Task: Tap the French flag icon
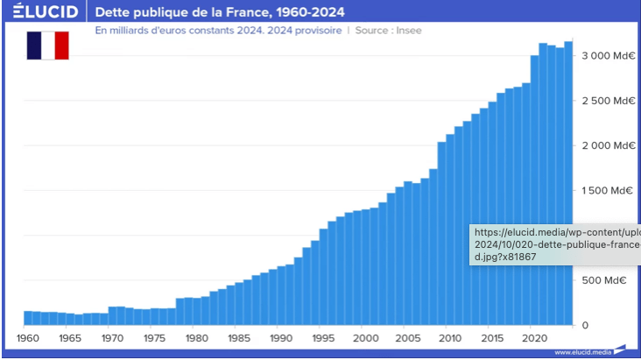pyautogui.click(x=47, y=45)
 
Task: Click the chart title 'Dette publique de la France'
pyautogui.click(x=219, y=13)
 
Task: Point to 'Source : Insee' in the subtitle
pyautogui.click(x=391, y=29)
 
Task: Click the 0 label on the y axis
pyautogui.click(x=586, y=325)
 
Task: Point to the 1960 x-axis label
pyautogui.click(x=29, y=338)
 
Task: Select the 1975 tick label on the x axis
pyautogui.click(x=154, y=338)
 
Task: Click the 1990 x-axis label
pyautogui.click(x=281, y=338)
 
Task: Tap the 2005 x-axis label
pyautogui.click(x=407, y=338)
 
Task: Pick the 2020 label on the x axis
pyautogui.click(x=533, y=338)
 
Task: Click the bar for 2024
pyautogui.click(x=568, y=184)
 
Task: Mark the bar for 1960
pyautogui.click(x=28, y=318)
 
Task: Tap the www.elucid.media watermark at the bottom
pyautogui.click(x=581, y=352)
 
